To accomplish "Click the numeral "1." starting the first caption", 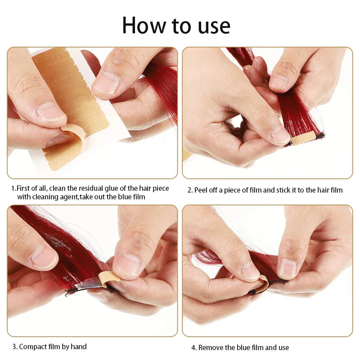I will pos(13,188).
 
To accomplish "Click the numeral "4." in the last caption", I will pos(194,347).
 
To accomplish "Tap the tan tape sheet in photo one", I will pos(67,90).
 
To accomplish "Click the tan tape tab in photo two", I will pos(299,141).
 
